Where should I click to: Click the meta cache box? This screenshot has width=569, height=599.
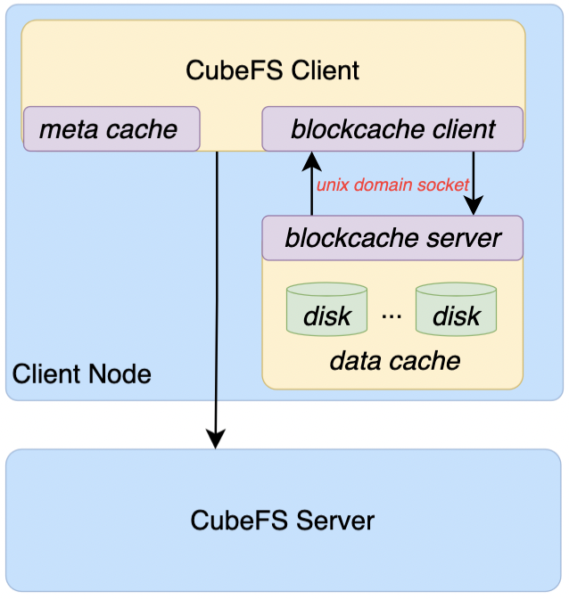pos(111,129)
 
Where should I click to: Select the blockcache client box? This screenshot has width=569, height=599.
pos(392,129)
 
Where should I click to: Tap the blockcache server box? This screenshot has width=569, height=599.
pos(392,238)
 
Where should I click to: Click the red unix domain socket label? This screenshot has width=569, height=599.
pos(392,185)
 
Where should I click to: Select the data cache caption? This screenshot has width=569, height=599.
pos(394,360)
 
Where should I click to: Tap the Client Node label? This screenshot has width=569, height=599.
pos(81,373)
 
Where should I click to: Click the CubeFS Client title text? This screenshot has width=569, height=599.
pos(272,70)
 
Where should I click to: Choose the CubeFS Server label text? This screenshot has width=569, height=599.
pos(283,521)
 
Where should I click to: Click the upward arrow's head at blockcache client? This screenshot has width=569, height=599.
pos(311,160)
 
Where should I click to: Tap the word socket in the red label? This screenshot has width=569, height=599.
pos(445,185)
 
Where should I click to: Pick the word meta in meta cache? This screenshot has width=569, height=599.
pos(68,129)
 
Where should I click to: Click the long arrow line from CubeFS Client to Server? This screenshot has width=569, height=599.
pos(216,294)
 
